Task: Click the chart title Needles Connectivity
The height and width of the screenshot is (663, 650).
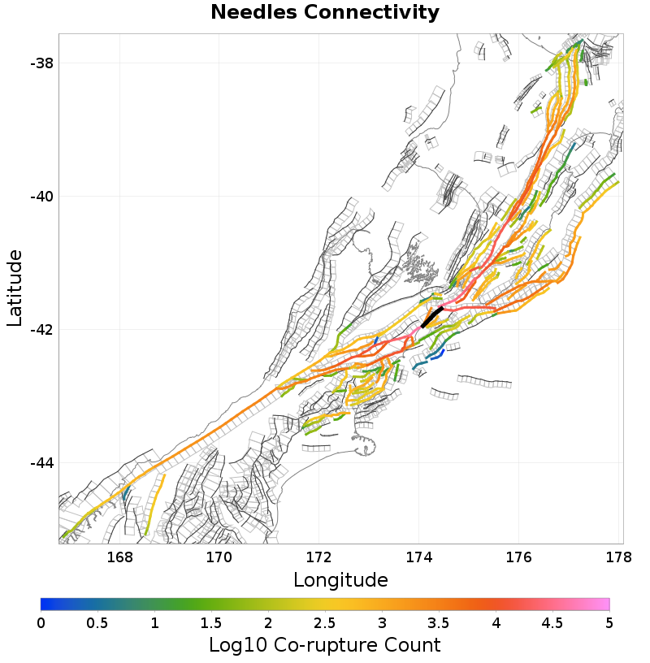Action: [325, 13]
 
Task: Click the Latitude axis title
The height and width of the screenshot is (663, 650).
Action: [15, 288]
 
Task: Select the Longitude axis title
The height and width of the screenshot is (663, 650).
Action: [340, 580]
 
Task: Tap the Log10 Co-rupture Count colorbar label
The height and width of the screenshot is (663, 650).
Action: [324, 645]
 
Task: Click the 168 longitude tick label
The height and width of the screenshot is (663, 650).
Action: [119, 558]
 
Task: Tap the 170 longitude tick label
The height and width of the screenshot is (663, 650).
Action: [219, 558]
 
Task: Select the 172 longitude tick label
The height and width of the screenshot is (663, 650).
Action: [319, 558]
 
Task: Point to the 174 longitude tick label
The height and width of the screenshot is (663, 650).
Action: [419, 558]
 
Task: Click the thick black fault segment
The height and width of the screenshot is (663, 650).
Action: [431, 317]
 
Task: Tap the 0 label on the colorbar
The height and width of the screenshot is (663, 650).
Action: [41, 622]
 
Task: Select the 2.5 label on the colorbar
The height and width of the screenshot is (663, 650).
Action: [325, 622]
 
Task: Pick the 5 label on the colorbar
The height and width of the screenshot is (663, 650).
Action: [609, 622]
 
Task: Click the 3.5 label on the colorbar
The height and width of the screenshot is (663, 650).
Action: [439, 622]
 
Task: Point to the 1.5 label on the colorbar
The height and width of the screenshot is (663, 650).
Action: [211, 622]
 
